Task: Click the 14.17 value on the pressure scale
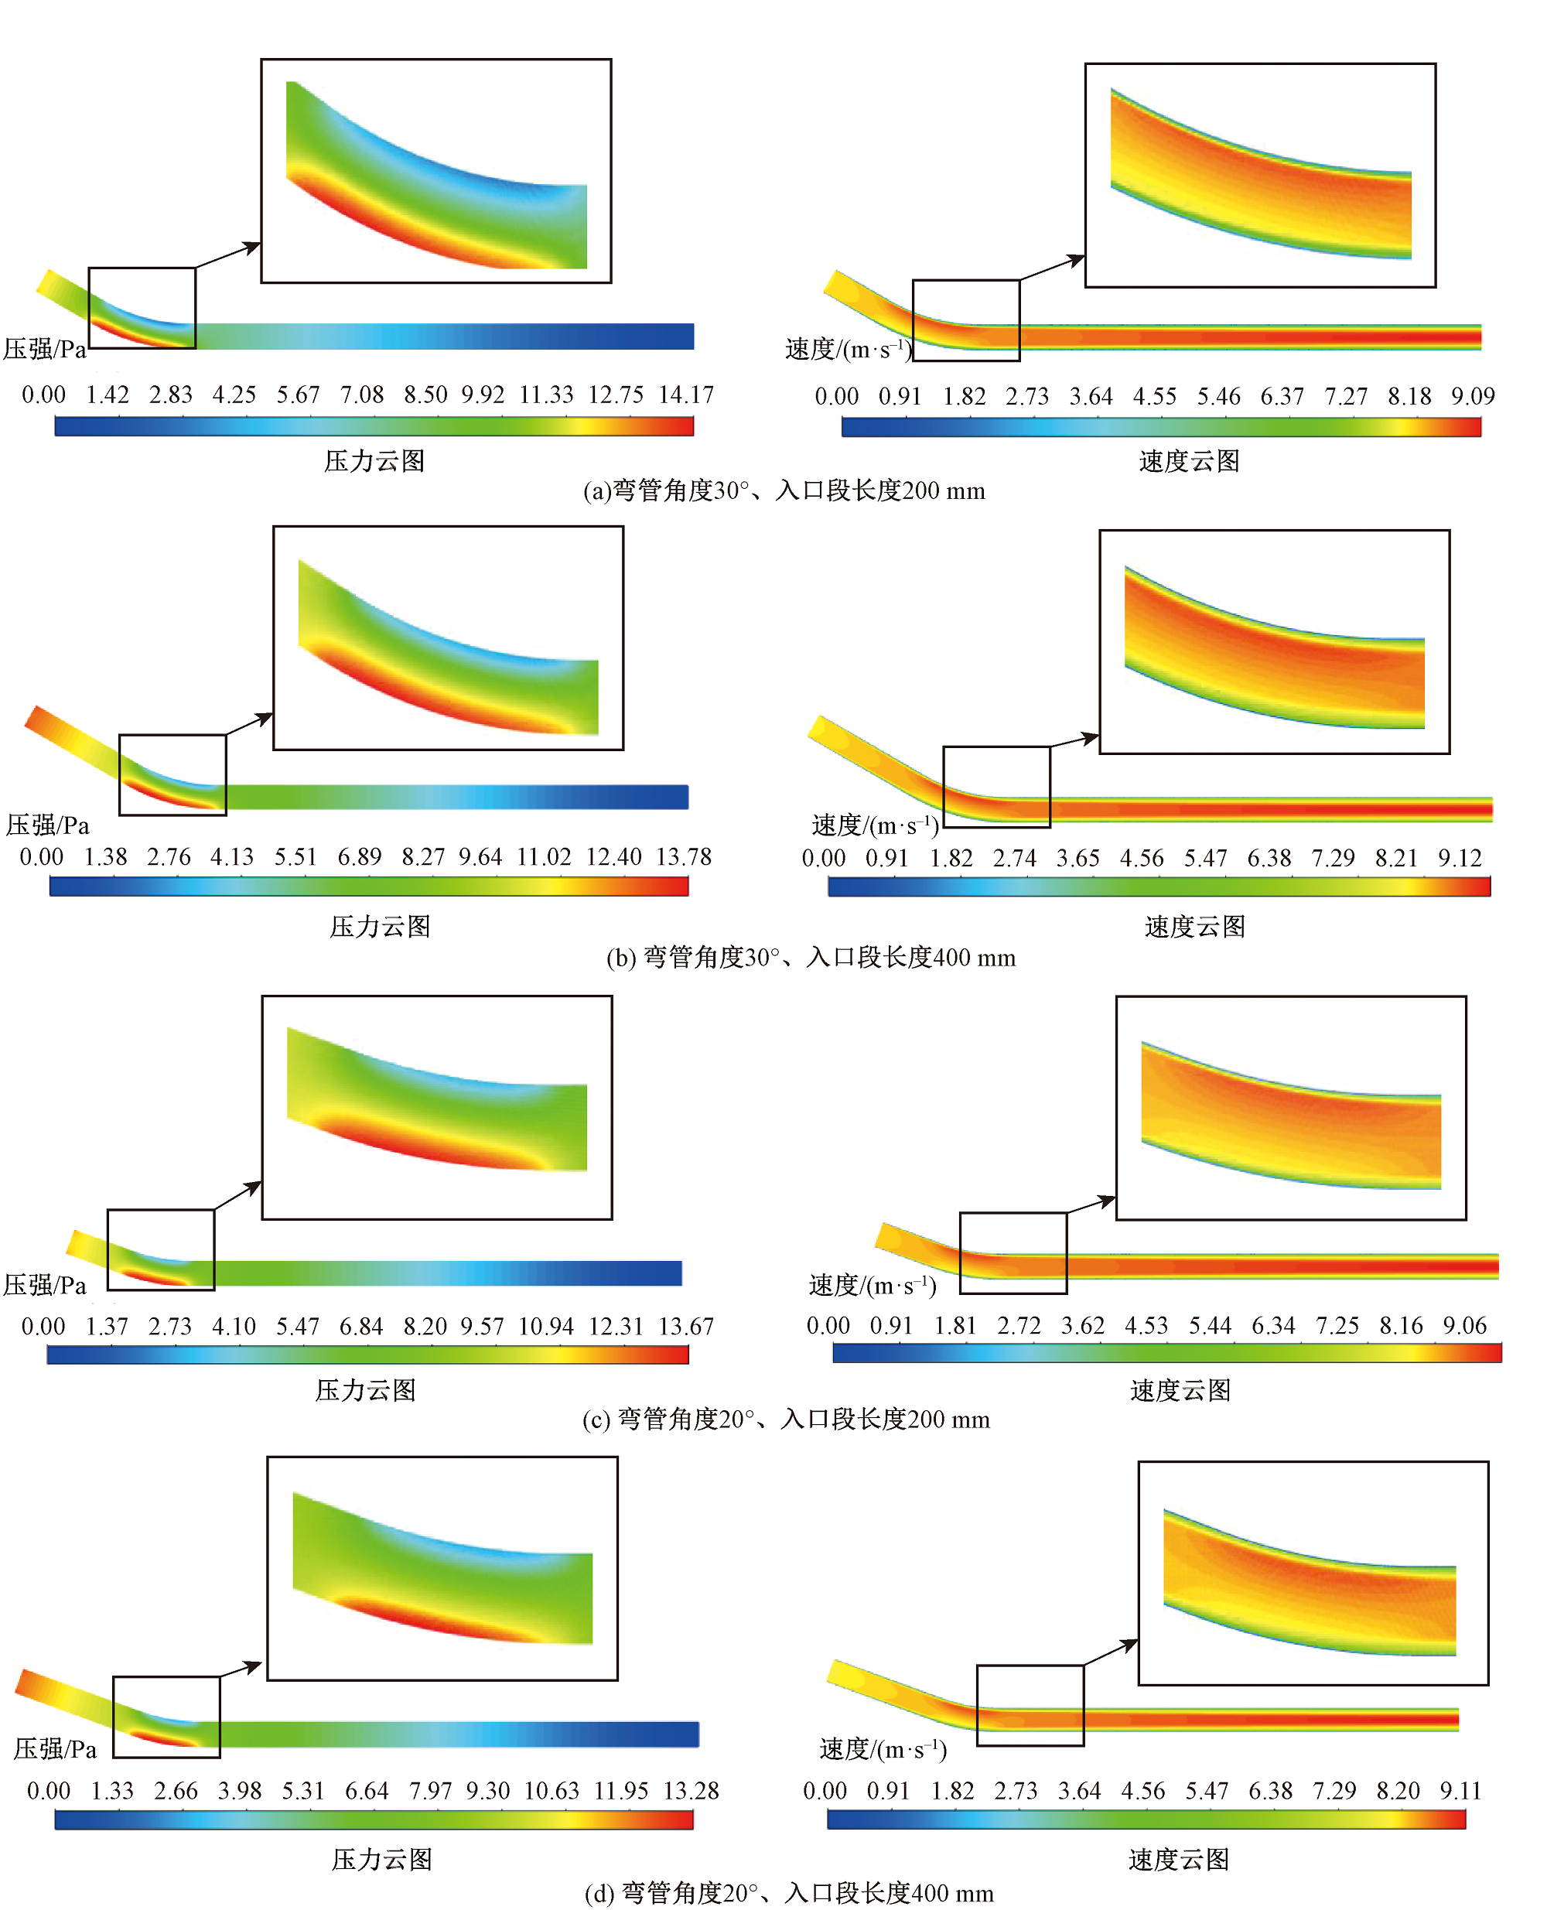click(686, 395)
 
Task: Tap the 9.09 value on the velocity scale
click(1472, 397)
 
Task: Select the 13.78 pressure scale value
click(684, 857)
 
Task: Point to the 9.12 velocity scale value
click(1460, 858)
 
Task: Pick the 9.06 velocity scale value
click(1465, 1326)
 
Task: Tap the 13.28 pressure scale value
click(691, 1792)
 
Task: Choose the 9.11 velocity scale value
click(1460, 1792)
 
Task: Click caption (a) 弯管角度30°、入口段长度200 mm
click(784, 491)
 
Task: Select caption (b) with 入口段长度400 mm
click(811, 958)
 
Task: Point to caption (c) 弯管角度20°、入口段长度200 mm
click(786, 1420)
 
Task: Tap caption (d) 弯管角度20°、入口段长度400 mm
click(790, 1893)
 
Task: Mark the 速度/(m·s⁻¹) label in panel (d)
click(883, 1750)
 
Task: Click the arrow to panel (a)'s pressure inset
click(228, 255)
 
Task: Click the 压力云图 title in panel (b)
click(381, 927)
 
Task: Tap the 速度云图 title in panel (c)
click(1180, 1390)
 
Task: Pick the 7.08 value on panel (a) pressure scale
click(361, 395)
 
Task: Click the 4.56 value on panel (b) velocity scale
click(1142, 858)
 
